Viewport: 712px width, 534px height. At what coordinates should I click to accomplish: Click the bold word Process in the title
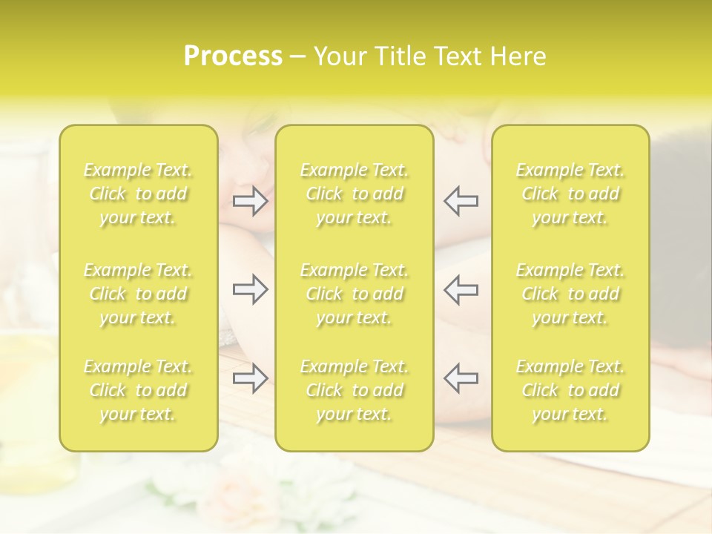(x=233, y=57)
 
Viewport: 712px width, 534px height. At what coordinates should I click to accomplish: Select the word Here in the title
(x=518, y=57)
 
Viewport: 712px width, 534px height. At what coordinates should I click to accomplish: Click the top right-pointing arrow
(x=250, y=201)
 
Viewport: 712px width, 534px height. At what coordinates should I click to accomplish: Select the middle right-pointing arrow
(x=250, y=289)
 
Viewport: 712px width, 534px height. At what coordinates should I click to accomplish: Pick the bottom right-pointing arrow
(x=250, y=378)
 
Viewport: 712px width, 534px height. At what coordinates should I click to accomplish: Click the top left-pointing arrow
(x=461, y=201)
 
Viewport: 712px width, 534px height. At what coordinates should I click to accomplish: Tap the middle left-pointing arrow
(x=461, y=289)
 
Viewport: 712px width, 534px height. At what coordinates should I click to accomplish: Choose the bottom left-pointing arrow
(x=461, y=378)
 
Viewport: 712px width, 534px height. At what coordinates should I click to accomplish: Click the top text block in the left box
(x=138, y=194)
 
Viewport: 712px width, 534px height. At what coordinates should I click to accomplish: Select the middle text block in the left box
(x=138, y=294)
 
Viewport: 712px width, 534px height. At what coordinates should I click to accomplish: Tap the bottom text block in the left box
(x=138, y=390)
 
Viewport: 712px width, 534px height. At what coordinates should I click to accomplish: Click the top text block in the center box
(x=354, y=194)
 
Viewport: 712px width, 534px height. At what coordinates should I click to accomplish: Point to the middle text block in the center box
(x=354, y=294)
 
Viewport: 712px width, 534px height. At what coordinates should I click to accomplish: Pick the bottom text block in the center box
(x=354, y=390)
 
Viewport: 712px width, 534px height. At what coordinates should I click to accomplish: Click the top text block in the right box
(x=570, y=194)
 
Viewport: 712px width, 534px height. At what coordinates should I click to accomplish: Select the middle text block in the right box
(x=570, y=294)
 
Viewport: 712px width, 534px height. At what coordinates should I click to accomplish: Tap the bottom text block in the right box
(x=570, y=390)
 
